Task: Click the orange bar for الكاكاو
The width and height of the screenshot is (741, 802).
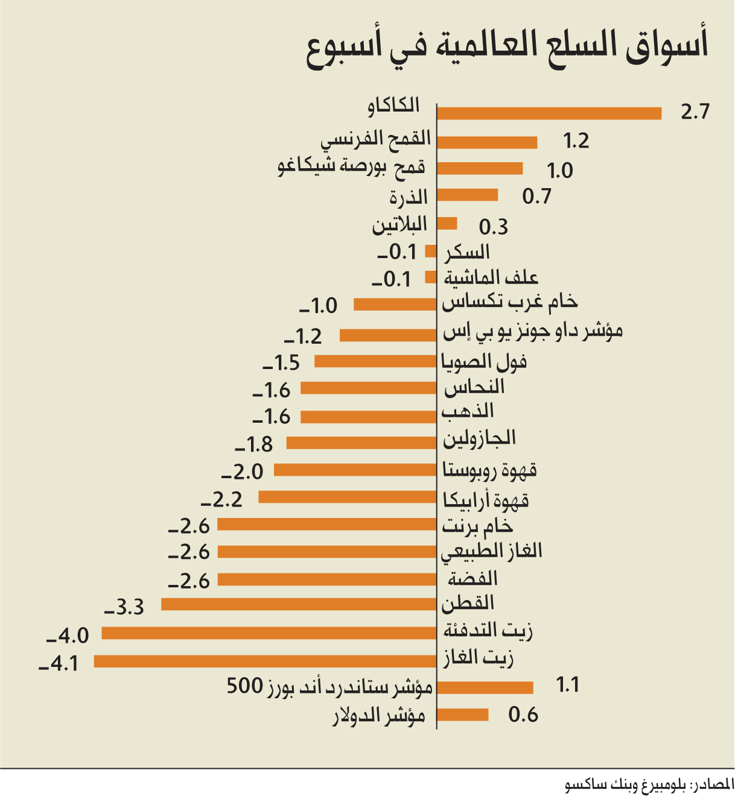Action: coord(549,113)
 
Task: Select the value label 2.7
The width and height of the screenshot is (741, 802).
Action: coord(695,112)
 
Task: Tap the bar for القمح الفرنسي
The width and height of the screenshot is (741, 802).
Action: coord(487,142)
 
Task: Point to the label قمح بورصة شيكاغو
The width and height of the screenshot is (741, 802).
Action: coord(352,166)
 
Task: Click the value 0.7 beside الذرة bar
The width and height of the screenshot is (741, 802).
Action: coord(537,196)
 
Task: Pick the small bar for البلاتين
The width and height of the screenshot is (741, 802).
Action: coord(447,224)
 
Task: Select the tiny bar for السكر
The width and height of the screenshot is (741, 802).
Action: coord(431,251)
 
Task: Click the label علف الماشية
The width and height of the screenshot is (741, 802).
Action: coord(491,277)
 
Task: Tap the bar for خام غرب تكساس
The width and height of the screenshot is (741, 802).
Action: coord(395,305)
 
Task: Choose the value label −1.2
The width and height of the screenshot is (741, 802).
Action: coord(304,336)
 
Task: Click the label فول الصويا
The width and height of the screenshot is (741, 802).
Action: coord(484,362)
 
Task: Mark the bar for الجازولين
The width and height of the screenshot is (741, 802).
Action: coord(361,443)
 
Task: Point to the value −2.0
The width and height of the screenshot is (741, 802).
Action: coord(243,472)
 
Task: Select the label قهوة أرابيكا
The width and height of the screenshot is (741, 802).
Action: coord(486,499)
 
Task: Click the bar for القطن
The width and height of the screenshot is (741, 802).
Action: coord(299,604)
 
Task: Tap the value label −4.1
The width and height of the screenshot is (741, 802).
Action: coord(59,664)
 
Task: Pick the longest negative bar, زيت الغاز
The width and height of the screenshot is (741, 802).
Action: coord(265,661)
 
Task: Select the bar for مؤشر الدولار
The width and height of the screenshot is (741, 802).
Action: coord(462,715)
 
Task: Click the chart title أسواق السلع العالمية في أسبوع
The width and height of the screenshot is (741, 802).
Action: coord(507,48)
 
